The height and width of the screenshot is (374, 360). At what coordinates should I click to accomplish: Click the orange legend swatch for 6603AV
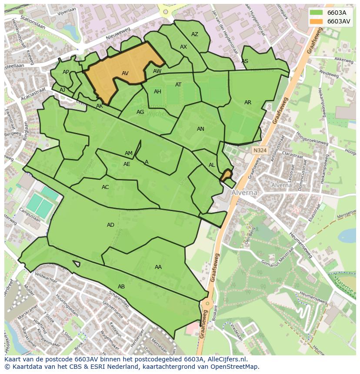coord(317,21)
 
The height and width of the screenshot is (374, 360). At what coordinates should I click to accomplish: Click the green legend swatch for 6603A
coord(317,13)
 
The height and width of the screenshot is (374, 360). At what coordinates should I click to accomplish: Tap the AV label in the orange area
coord(125,73)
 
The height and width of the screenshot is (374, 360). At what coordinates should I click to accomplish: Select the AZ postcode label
coord(195,34)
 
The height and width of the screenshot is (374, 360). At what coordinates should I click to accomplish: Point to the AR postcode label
coord(248,103)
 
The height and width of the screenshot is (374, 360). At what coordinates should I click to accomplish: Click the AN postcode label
coord(200,129)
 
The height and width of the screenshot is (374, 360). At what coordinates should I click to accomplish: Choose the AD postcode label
coord(110,225)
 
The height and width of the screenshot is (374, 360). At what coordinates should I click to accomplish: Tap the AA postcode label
coord(158,267)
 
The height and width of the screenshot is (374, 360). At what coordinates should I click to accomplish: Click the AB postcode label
coord(121,287)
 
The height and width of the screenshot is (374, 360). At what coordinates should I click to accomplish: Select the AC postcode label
coord(105,187)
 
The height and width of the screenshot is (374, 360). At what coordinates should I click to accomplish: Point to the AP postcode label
coord(66,72)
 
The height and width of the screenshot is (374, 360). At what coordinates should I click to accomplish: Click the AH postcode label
coord(157,92)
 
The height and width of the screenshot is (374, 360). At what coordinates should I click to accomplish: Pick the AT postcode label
coord(178,85)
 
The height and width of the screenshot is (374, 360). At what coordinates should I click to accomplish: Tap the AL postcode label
coord(212,165)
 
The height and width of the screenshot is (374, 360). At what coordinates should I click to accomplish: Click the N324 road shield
coord(260,150)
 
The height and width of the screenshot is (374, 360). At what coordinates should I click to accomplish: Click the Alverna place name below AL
coord(244,192)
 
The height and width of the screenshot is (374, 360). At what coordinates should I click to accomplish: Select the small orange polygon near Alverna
coord(226,176)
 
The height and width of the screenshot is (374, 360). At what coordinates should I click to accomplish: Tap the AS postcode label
coord(245,61)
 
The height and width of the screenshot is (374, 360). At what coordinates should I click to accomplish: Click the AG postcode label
coord(140,112)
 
